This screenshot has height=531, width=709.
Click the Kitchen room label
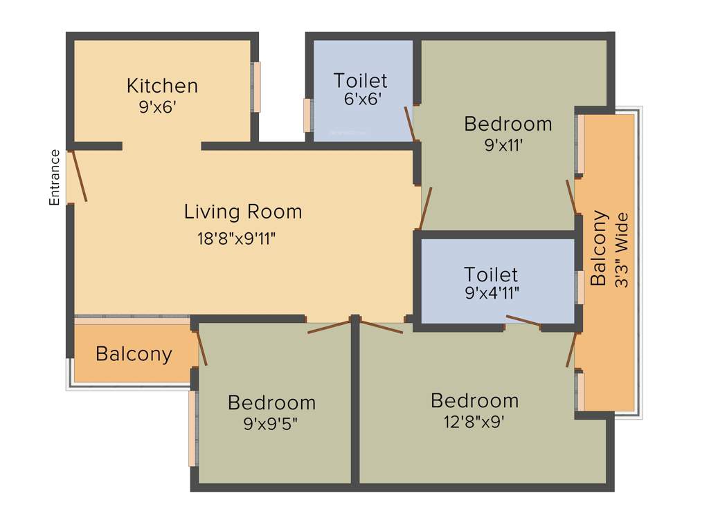pos(162,86)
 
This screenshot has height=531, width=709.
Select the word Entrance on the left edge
pos(55,178)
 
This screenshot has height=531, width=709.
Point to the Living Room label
pos(243,212)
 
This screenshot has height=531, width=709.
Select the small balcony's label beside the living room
pos(134,354)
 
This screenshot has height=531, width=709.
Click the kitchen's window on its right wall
pos(256,87)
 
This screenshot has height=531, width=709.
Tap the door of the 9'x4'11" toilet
pos(523,319)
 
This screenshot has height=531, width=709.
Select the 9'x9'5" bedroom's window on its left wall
pos(193,429)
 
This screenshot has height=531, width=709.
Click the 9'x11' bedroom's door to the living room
pos(426,208)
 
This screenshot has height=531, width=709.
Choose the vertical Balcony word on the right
pos(598,248)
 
